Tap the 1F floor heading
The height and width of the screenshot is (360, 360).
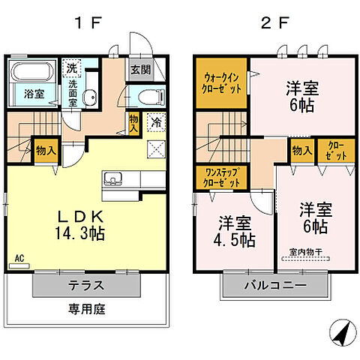[83, 22]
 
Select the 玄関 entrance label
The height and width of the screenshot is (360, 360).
[139, 70]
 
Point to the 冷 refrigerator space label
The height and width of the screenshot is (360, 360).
[156, 120]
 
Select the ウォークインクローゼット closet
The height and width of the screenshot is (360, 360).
[223, 83]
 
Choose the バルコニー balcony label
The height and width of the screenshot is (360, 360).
[274, 286]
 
